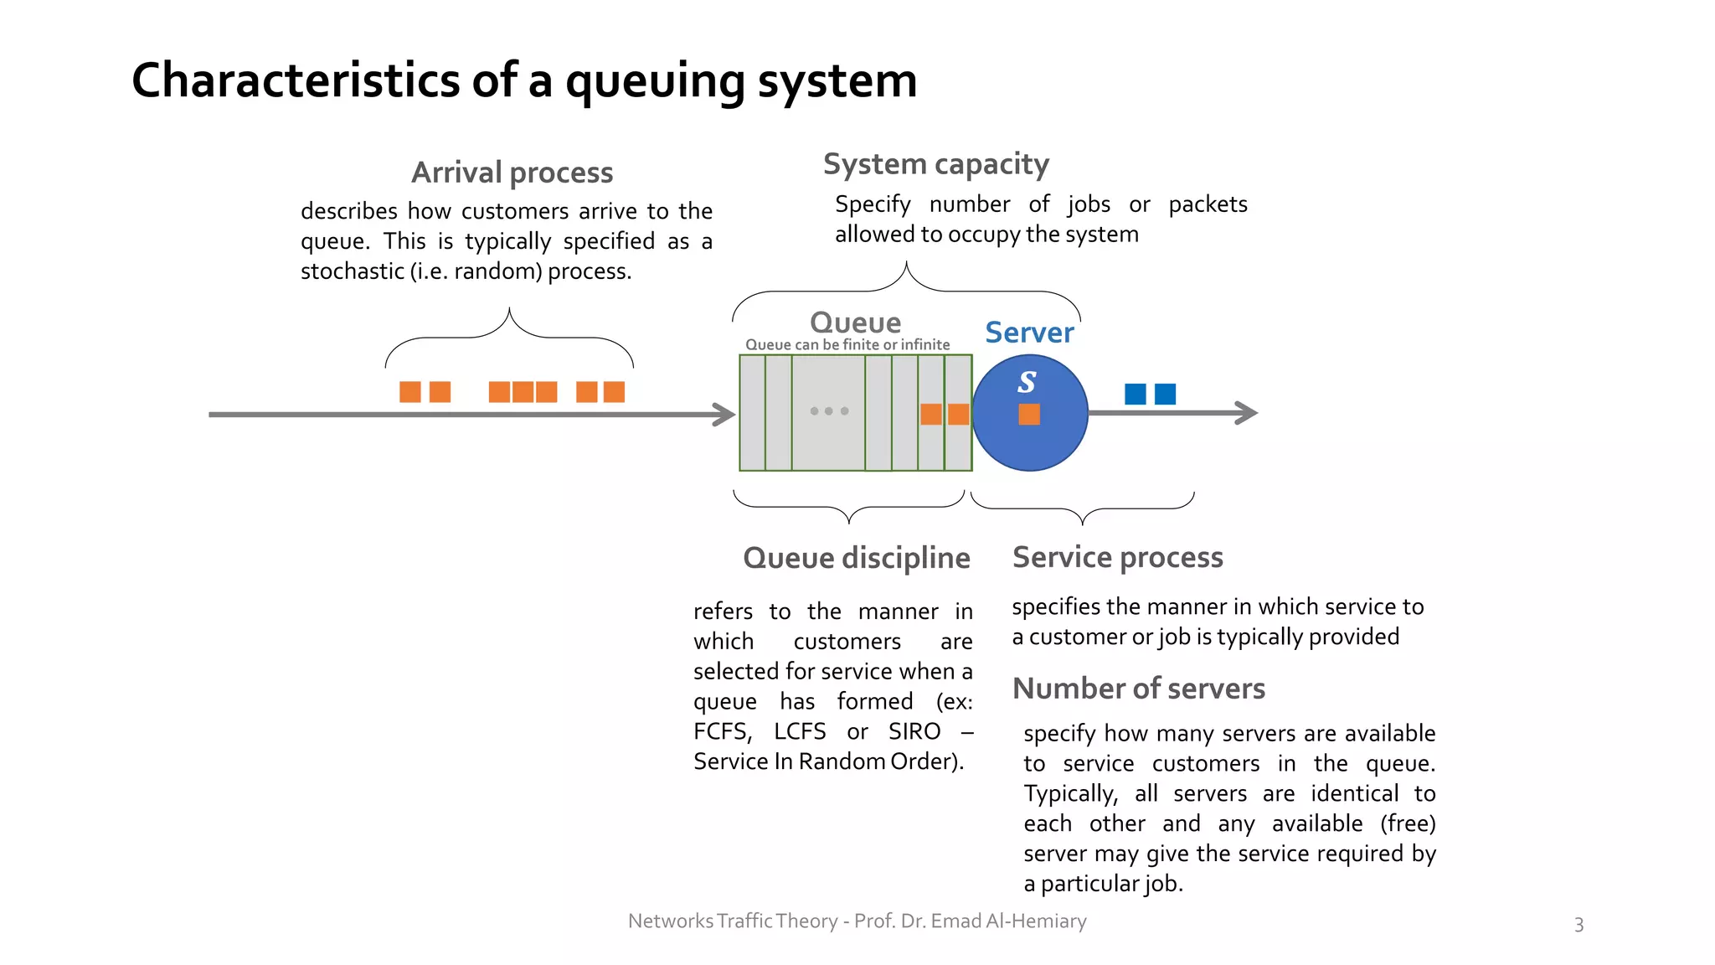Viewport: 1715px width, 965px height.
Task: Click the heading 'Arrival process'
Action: (x=512, y=173)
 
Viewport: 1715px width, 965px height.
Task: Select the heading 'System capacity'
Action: (x=935, y=164)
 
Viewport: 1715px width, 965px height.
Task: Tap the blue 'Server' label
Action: (x=1028, y=333)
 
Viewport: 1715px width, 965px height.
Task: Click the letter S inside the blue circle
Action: (x=1027, y=382)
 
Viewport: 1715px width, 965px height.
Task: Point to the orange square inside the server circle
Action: (x=1029, y=414)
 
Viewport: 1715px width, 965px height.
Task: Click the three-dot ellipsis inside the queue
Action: (x=829, y=411)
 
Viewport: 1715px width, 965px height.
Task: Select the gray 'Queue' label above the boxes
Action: (x=855, y=323)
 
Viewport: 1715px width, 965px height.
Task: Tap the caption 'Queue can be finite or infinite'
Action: (x=847, y=344)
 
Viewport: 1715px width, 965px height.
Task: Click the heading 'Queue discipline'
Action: (x=856, y=558)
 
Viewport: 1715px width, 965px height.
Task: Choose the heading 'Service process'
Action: (x=1117, y=557)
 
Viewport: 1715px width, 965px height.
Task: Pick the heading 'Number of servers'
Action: (x=1138, y=689)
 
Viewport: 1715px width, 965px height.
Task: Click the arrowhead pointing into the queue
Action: (x=724, y=414)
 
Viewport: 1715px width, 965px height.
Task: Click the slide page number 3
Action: (x=1579, y=925)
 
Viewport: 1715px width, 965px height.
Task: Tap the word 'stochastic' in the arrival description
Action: (x=352, y=271)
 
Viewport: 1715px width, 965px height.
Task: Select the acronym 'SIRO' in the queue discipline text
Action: (x=914, y=731)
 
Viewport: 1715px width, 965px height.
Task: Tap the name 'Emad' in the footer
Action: (x=955, y=921)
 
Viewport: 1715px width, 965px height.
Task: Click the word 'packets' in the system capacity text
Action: (x=1207, y=204)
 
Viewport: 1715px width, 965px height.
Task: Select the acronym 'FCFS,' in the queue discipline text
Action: (x=723, y=731)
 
